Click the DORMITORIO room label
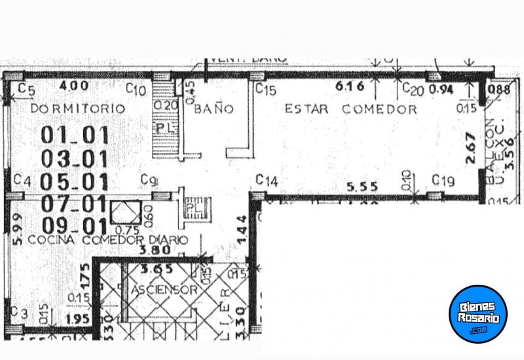pyautogui.click(x=78, y=109)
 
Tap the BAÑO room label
pyautogui.click(x=213, y=109)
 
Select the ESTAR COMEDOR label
pyautogui.click(x=350, y=109)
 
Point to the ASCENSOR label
pyautogui.click(x=164, y=289)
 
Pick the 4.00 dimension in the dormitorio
pyautogui.click(x=73, y=86)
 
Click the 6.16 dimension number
pyautogui.click(x=349, y=86)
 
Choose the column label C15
pyautogui.click(x=265, y=90)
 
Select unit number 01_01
pyautogui.click(x=74, y=135)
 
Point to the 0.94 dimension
pyautogui.click(x=440, y=90)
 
